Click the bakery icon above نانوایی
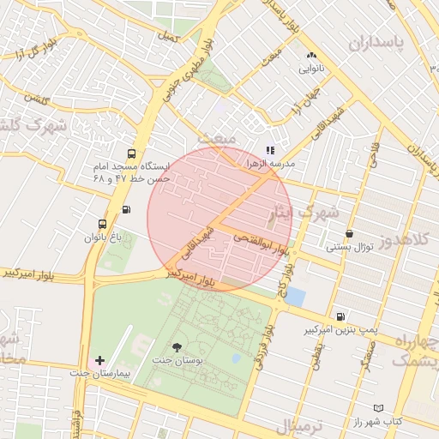coord(310,54)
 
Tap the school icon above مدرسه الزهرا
coord(270,150)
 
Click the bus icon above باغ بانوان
coord(103,224)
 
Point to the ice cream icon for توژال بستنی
coord(349,233)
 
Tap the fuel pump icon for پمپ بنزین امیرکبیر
coord(341,316)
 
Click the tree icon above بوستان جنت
coord(177,347)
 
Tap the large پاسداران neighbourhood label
coord(376,41)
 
